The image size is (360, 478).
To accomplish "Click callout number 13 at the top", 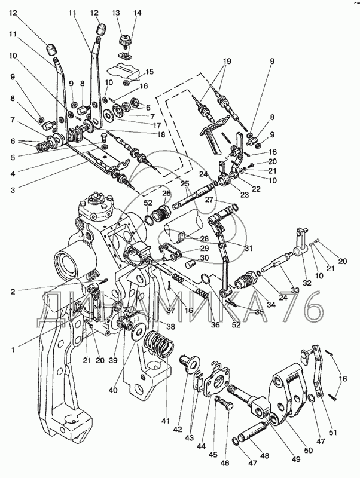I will point(115,13).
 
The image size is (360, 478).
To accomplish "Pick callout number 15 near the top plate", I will point(149,71).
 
